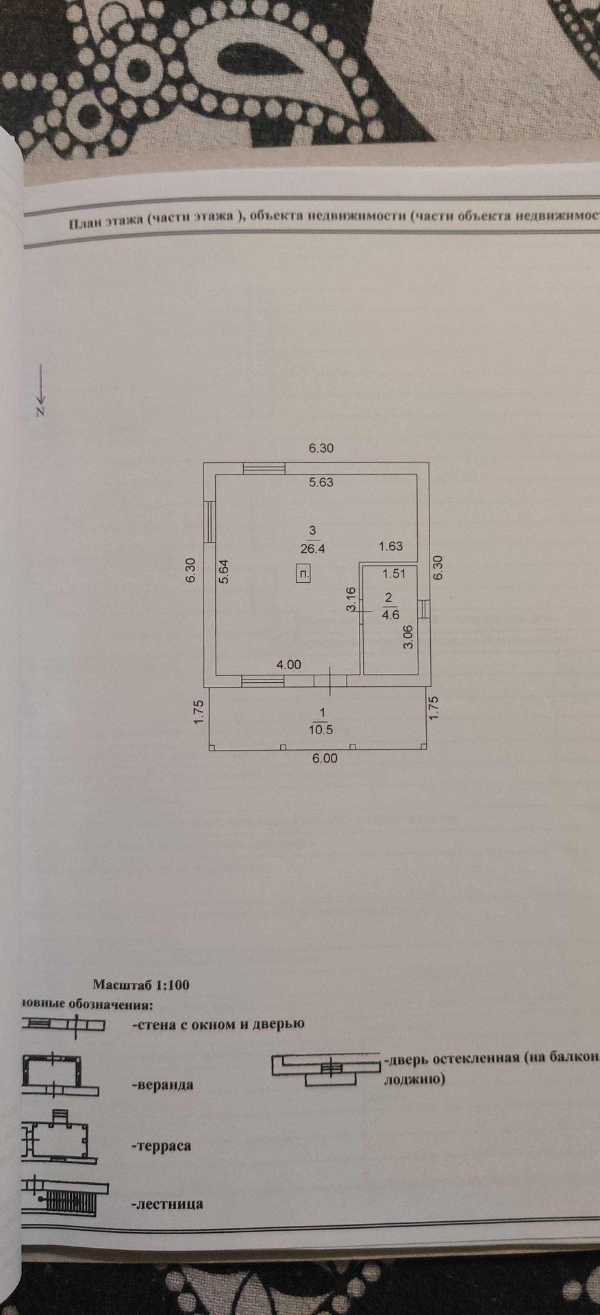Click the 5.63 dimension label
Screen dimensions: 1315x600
(x=321, y=482)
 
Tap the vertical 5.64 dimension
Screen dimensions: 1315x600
(x=225, y=571)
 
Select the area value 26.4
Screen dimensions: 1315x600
(x=312, y=548)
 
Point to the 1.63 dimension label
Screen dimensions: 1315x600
(x=391, y=547)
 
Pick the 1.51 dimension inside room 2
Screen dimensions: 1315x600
(x=394, y=574)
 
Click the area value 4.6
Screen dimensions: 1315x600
(x=390, y=614)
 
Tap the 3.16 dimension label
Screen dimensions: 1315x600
(x=350, y=599)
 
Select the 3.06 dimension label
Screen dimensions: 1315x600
(x=408, y=638)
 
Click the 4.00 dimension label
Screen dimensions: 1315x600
(x=288, y=664)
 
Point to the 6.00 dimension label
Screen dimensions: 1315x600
(x=325, y=759)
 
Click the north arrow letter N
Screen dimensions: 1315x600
(x=40, y=412)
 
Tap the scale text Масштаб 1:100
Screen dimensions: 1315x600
(x=141, y=986)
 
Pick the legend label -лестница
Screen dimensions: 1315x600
(x=166, y=1204)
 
